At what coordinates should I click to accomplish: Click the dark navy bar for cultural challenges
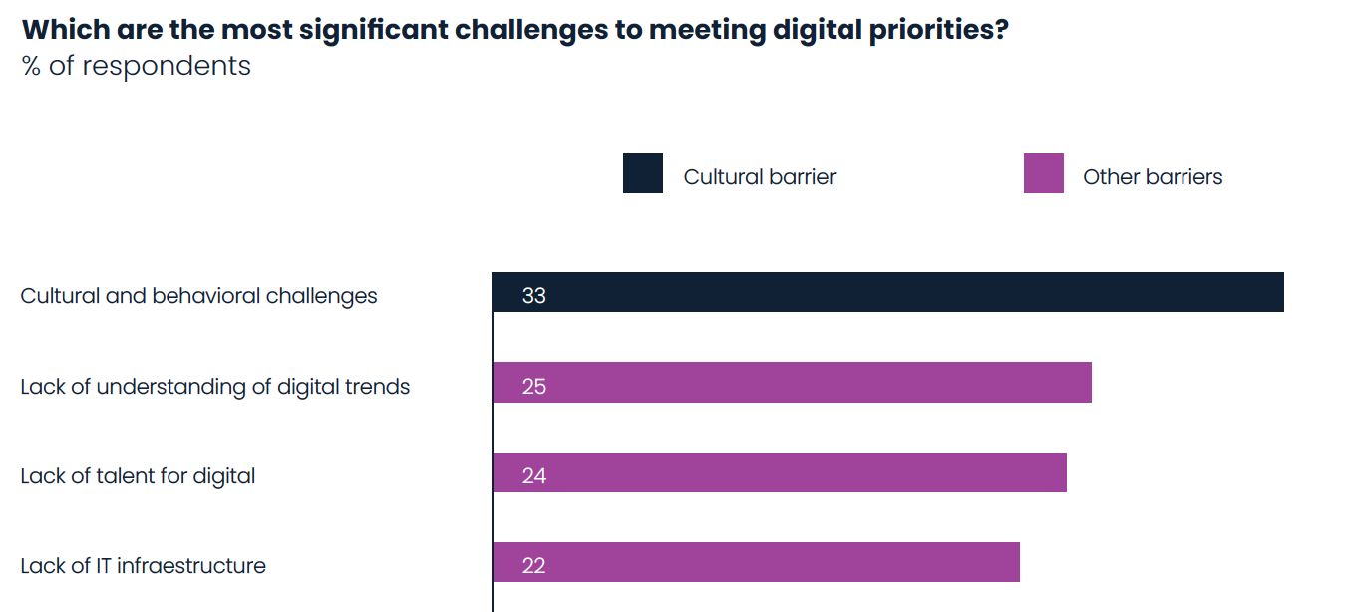(887, 292)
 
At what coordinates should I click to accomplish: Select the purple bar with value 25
(792, 383)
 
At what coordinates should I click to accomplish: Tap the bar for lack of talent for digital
(779, 472)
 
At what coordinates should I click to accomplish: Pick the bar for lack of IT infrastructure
(756, 562)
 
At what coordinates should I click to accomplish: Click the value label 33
(533, 296)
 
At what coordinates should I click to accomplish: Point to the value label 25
(533, 386)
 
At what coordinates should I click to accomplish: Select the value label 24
(533, 475)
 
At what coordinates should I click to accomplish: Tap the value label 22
(533, 565)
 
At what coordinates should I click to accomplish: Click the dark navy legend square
(643, 173)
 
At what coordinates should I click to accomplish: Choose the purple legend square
(1043, 173)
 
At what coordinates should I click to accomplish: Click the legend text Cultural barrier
(759, 177)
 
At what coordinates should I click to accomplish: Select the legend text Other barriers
(1152, 177)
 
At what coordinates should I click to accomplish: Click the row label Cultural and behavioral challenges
(198, 296)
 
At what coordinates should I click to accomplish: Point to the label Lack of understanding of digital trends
(214, 386)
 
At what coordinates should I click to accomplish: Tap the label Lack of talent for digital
(138, 476)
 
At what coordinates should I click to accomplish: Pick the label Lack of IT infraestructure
(143, 566)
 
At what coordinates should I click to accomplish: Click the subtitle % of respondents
(136, 66)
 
